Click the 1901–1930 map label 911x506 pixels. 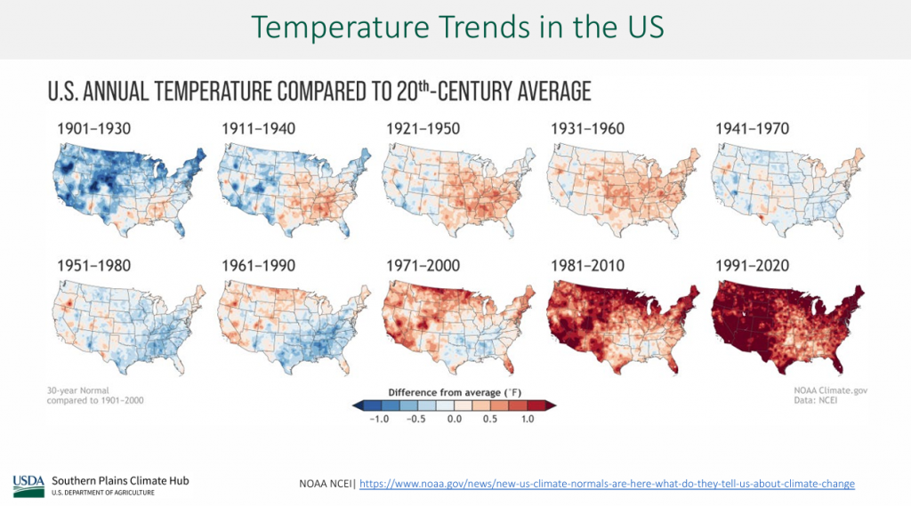(93, 129)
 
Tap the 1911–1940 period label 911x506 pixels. (258, 129)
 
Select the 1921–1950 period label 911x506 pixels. (423, 129)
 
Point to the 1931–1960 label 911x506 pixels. (587, 129)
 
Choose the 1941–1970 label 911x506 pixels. (753, 129)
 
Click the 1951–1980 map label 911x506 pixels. (93, 265)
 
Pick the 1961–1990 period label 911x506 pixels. (258, 265)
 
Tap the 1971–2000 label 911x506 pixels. (423, 265)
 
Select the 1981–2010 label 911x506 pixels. (587, 265)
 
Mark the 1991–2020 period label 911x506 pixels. (753, 265)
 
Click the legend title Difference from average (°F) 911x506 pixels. (455, 391)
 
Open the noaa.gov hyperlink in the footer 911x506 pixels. (607, 484)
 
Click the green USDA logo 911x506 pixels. (28, 485)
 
